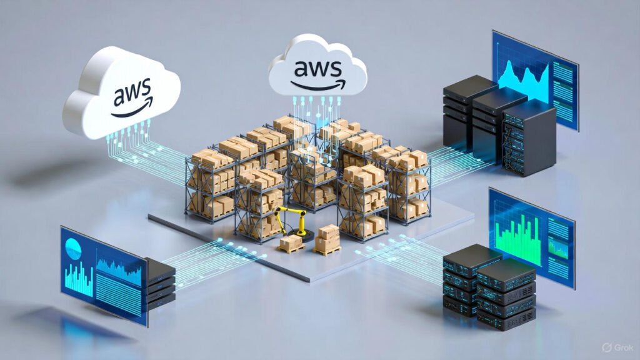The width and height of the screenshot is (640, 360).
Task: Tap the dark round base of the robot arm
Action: (x=309, y=234)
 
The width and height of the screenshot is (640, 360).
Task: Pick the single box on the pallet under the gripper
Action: (x=291, y=242)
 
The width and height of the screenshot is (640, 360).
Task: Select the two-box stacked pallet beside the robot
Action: (x=327, y=239)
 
